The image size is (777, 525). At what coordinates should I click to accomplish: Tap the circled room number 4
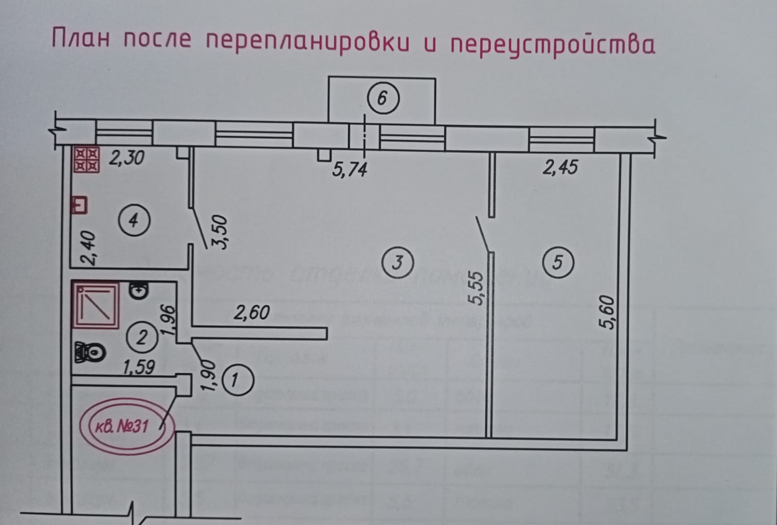pyautogui.click(x=133, y=221)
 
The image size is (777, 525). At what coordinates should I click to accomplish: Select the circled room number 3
pyautogui.click(x=398, y=263)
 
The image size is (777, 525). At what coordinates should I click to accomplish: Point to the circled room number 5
pyautogui.click(x=557, y=262)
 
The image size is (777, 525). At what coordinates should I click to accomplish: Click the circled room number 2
pyautogui.click(x=141, y=337)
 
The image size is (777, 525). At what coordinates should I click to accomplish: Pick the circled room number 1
pyautogui.click(x=236, y=380)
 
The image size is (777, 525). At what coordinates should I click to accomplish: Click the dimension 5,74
pyautogui.click(x=350, y=170)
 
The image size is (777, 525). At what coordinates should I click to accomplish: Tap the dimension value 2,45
pyautogui.click(x=560, y=167)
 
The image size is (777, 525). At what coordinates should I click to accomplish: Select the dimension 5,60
pyautogui.click(x=610, y=312)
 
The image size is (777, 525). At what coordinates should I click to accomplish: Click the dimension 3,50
pyautogui.click(x=221, y=232)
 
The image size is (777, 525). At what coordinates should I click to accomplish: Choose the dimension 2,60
pyautogui.click(x=252, y=312)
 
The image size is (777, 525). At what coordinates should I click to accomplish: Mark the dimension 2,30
pyautogui.click(x=126, y=158)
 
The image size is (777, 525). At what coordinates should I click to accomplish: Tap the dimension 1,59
pyautogui.click(x=139, y=367)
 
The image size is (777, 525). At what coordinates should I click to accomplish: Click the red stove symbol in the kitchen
pyautogui.click(x=86, y=160)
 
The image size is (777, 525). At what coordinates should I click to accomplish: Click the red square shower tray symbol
pyautogui.click(x=95, y=305)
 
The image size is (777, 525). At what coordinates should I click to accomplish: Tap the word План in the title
pyautogui.click(x=80, y=38)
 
